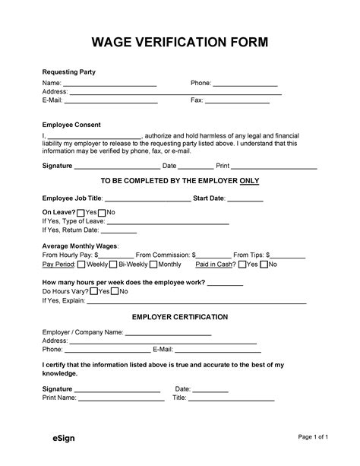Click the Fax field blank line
[x=238, y=101]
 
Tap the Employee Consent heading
[x=71, y=124]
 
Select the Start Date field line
[x=245, y=200]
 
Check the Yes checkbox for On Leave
[x=81, y=212]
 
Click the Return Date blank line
[x=118, y=232]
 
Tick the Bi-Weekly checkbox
[x=113, y=265]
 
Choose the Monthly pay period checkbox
[x=153, y=265]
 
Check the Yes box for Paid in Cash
[x=242, y=265]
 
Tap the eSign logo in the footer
[x=43, y=439]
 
